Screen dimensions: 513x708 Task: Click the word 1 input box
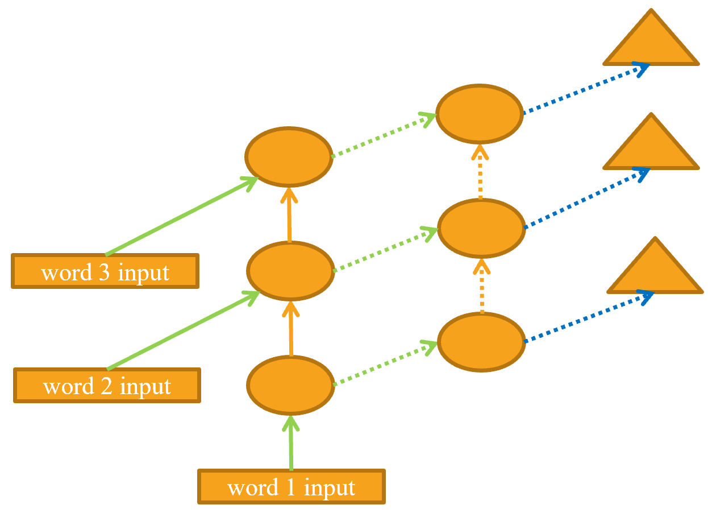click(x=291, y=487)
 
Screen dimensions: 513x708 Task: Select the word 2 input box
click(x=107, y=386)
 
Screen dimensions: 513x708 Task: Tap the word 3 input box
click(x=105, y=271)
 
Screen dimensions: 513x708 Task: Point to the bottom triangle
click(x=655, y=271)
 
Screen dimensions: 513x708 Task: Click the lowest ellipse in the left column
click(x=290, y=384)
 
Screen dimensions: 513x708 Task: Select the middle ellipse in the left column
click(x=290, y=270)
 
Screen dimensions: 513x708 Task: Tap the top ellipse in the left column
click(x=289, y=156)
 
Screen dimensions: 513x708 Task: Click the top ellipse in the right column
click(x=479, y=113)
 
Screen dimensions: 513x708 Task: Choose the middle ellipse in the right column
click(x=481, y=228)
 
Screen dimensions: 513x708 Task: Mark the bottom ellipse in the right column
click(x=481, y=341)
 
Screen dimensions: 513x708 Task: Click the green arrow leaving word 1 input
click(x=291, y=444)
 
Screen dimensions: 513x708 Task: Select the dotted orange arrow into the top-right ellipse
click(x=480, y=171)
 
